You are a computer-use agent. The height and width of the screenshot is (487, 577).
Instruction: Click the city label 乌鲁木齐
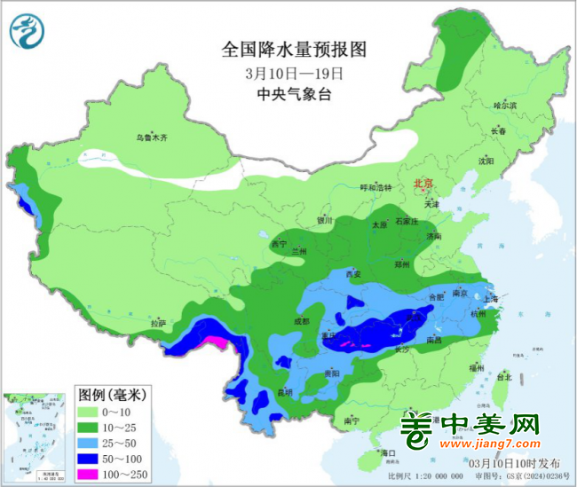[x=151, y=138]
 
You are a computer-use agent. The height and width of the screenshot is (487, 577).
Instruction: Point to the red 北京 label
[x=423, y=184]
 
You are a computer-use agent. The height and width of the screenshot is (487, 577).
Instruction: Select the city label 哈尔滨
[x=504, y=106]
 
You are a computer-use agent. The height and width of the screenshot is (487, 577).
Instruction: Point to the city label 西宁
[x=280, y=244]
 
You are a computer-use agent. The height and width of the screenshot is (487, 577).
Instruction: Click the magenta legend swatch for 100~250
[x=93, y=474]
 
